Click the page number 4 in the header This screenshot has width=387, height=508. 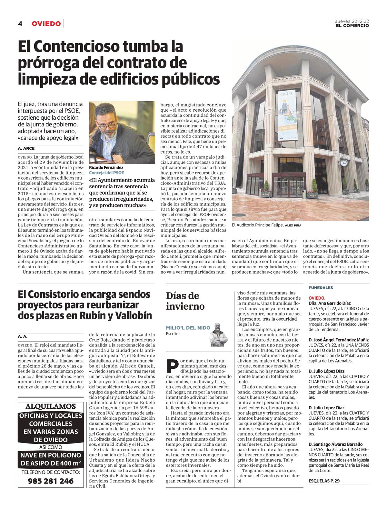(x=20, y=24)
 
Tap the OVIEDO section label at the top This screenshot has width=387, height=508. (x=46, y=24)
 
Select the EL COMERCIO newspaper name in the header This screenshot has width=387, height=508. (x=352, y=25)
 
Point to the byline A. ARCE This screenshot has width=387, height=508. (x=26, y=148)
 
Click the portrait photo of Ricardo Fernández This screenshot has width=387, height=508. (x=122, y=132)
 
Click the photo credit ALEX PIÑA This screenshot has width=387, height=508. (x=293, y=225)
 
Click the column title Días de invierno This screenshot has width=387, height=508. (x=185, y=301)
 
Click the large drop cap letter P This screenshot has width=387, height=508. (x=173, y=366)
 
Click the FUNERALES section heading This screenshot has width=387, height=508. (x=321, y=288)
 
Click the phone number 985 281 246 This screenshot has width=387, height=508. (x=51, y=481)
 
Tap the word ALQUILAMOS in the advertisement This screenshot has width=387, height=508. (x=51, y=406)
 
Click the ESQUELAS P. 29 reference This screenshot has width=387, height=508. (x=324, y=481)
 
